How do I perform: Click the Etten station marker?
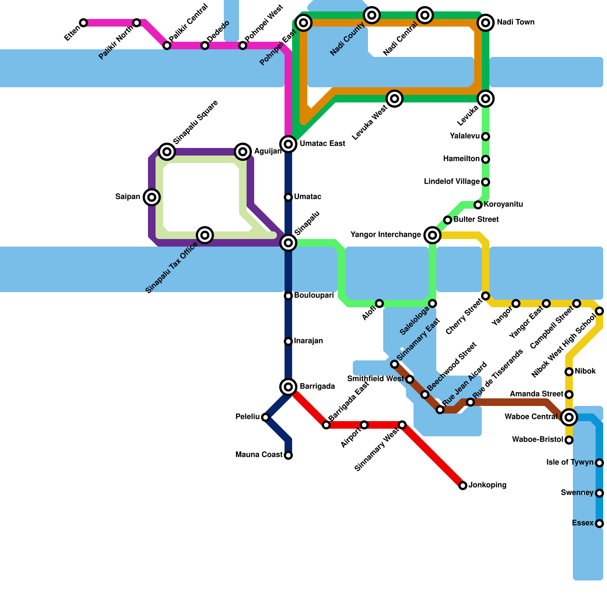pos(83,23)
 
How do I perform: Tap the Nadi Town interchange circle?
pos(486,23)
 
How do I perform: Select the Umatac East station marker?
pos(288,144)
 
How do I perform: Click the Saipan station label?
pos(128,197)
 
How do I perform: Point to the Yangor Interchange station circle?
pos(432,235)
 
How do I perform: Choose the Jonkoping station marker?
pos(463,486)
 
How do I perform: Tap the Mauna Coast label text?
pos(259,455)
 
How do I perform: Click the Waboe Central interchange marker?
pos(569,417)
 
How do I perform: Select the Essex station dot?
pos(599,524)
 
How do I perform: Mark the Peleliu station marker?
pos(266,417)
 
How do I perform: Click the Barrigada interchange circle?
pos(288,387)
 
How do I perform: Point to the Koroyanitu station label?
pos(503,204)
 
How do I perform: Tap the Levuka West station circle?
pos(395,99)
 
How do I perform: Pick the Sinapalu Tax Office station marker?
pos(205,235)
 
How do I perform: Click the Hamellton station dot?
pos(486,159)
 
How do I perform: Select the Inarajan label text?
pos(308,341)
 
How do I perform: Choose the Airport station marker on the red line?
pos(364,425)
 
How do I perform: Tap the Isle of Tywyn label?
pos(570,462)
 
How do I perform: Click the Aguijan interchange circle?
pos(243,152)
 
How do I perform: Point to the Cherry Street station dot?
pos(486,296)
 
